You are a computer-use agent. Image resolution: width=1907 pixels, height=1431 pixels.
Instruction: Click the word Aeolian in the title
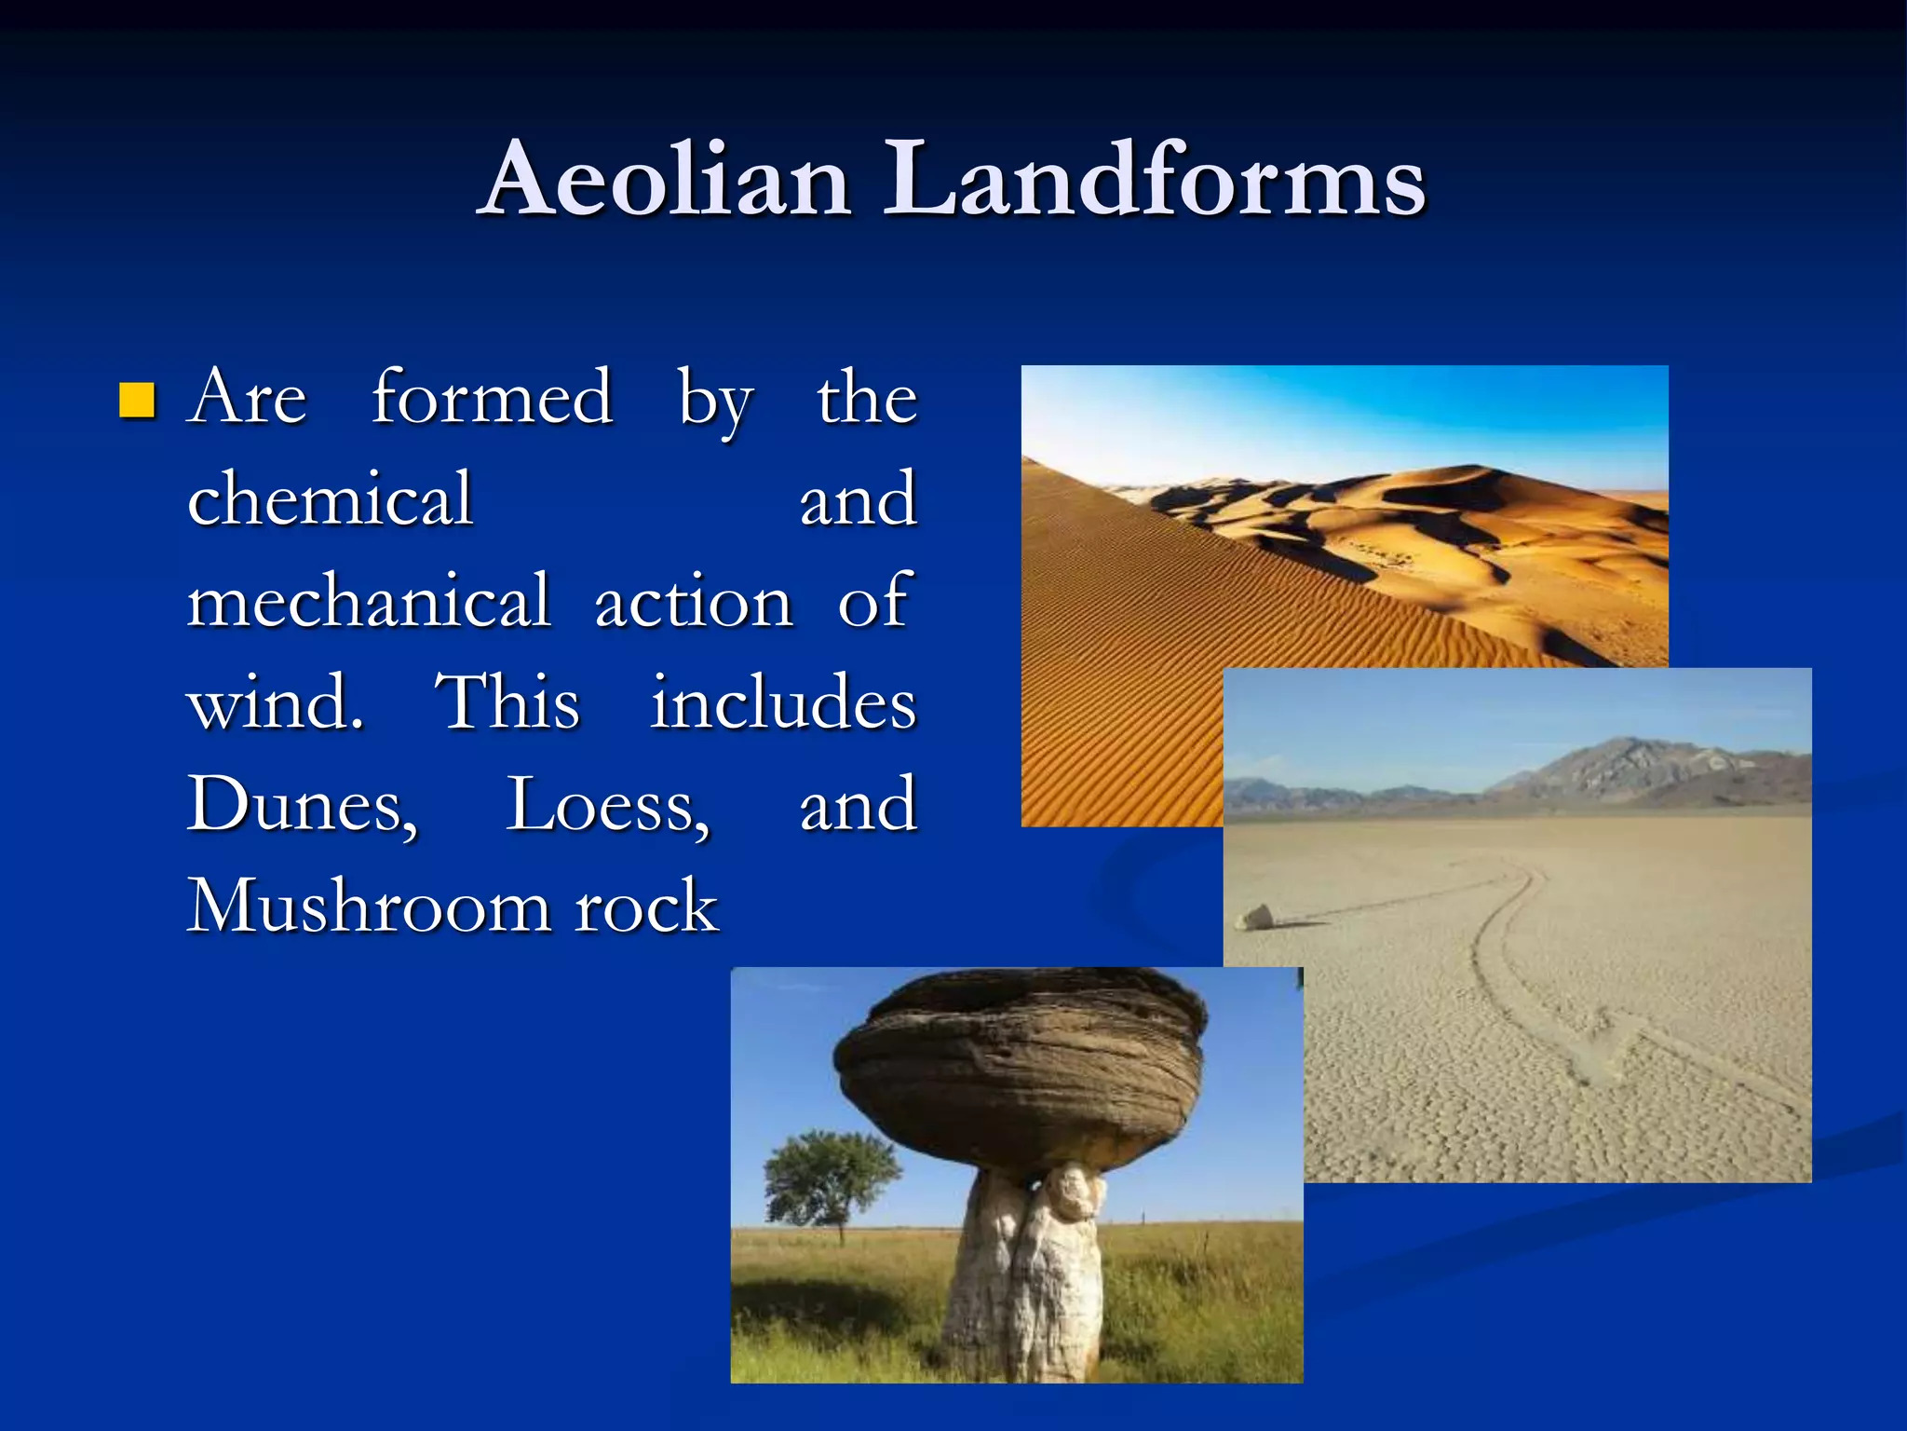point(667,179)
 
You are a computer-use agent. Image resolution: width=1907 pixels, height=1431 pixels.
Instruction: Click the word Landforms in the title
point(1154,179)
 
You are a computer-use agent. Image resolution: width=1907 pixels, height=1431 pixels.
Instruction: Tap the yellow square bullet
point(137,401)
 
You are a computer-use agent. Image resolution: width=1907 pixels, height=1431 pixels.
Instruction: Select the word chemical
point(330,499)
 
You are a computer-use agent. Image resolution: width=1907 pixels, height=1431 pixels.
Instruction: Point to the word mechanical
point(369,601)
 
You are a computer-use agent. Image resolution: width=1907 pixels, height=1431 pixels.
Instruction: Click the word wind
point(275,702)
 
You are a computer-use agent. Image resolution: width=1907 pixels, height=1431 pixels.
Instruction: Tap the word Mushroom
point(369,906)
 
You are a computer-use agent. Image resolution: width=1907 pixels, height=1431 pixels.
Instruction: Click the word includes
point(782,702)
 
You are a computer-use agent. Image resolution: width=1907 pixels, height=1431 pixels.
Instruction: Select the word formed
point(492,398)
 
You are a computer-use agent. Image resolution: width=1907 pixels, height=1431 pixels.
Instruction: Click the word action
point(693,601)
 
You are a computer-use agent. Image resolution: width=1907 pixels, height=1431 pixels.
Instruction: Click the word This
point(507,702)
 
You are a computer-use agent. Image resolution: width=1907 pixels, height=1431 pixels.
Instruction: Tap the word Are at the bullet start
point(247,398)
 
